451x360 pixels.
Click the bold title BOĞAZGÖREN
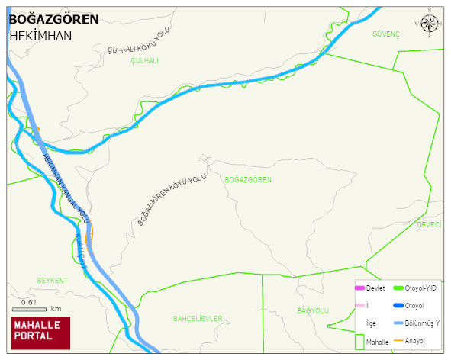tap(53, 19)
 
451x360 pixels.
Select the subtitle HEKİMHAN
tap(40, 36)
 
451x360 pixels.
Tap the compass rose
tap(429, 24)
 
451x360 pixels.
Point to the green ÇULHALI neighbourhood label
tap(144, 60)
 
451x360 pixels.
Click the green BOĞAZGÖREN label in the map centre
tap(248, 179)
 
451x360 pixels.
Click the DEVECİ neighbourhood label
tap(429, 224)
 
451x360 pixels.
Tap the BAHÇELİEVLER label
tap(198, 318)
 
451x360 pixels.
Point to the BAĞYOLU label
tap(312, 310)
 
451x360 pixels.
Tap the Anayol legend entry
tap(414, 339)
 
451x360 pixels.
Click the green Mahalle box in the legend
tap(359, 341)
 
